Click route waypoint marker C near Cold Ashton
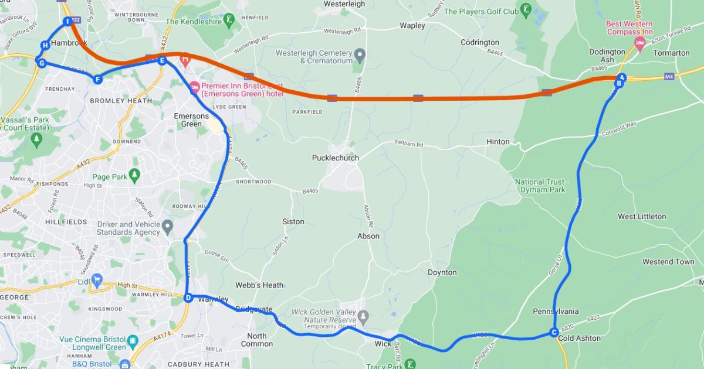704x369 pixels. [x=553, y=333]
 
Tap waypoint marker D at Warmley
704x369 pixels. [x=188, y=298]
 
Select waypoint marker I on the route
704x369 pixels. [x=67, y=22]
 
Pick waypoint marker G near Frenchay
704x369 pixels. [x=42, y=63]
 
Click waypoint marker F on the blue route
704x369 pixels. [x=97, y=80]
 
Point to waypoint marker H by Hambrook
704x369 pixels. [x=45, y=46]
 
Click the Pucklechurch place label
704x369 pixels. [x=335, y=158]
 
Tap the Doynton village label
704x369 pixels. [x=442, y=272]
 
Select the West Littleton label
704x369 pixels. [x=642, y=217]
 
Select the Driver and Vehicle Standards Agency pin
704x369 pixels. [x=168, y=226]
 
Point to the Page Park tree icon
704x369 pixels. [x=135, y=175]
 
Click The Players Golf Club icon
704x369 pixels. [x=527, y=9]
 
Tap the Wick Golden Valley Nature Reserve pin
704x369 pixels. [x=364, y=317]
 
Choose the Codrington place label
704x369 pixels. [x=480, y=42]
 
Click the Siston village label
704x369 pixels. [x=293, y=221]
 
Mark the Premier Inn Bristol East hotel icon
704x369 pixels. [x=195, y=88]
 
